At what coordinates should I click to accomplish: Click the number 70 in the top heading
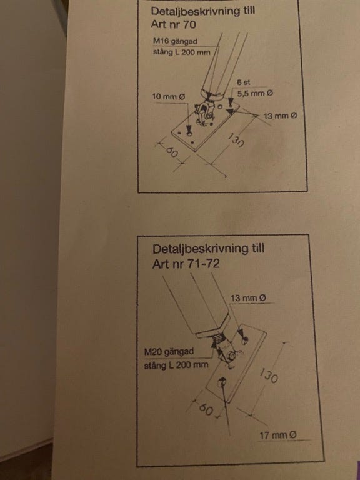189,24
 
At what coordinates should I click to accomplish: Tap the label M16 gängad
176,41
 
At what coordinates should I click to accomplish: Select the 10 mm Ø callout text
169,97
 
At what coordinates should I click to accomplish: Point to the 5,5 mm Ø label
255,93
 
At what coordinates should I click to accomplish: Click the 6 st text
243,82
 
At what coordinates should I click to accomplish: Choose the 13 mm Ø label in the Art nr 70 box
280,116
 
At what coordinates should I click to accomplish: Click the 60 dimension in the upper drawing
172,151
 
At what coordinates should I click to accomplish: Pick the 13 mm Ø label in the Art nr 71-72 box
248,298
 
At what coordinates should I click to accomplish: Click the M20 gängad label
169,352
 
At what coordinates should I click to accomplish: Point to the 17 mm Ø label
278,435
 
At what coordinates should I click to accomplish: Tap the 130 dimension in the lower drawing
269,376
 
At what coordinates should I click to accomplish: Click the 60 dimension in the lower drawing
206,409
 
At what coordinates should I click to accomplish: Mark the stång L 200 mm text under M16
181,52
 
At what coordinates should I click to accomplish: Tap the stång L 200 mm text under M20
176,365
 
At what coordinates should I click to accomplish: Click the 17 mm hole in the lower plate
222,382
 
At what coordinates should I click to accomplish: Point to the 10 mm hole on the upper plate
189,133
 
